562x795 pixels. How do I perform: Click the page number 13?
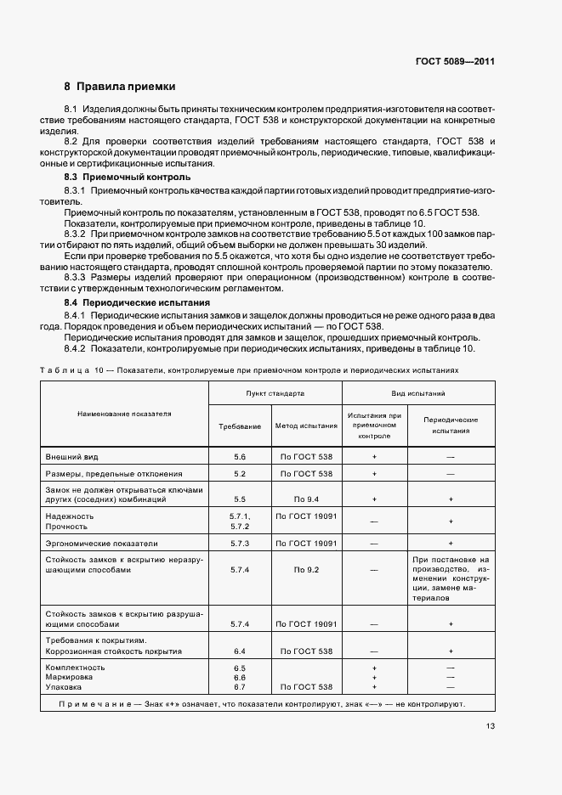(491, 725)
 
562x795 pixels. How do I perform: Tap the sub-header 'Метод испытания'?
(306, 425)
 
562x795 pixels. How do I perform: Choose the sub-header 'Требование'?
(240, 425)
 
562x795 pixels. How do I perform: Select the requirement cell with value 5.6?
(240, 456)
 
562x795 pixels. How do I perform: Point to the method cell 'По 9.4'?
(306, 499)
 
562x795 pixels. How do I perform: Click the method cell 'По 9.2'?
(306, 570)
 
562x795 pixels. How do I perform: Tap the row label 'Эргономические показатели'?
(101, 543)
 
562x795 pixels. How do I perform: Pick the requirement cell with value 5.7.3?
(240, 543)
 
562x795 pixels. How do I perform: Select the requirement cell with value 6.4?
(240, 651)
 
